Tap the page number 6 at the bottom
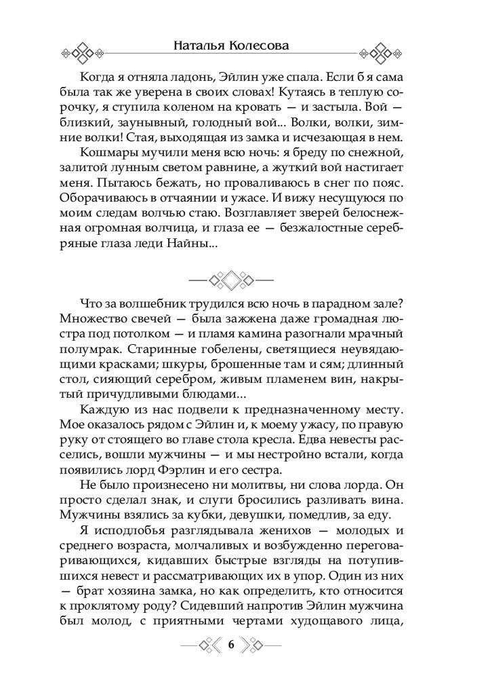[230, 645]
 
